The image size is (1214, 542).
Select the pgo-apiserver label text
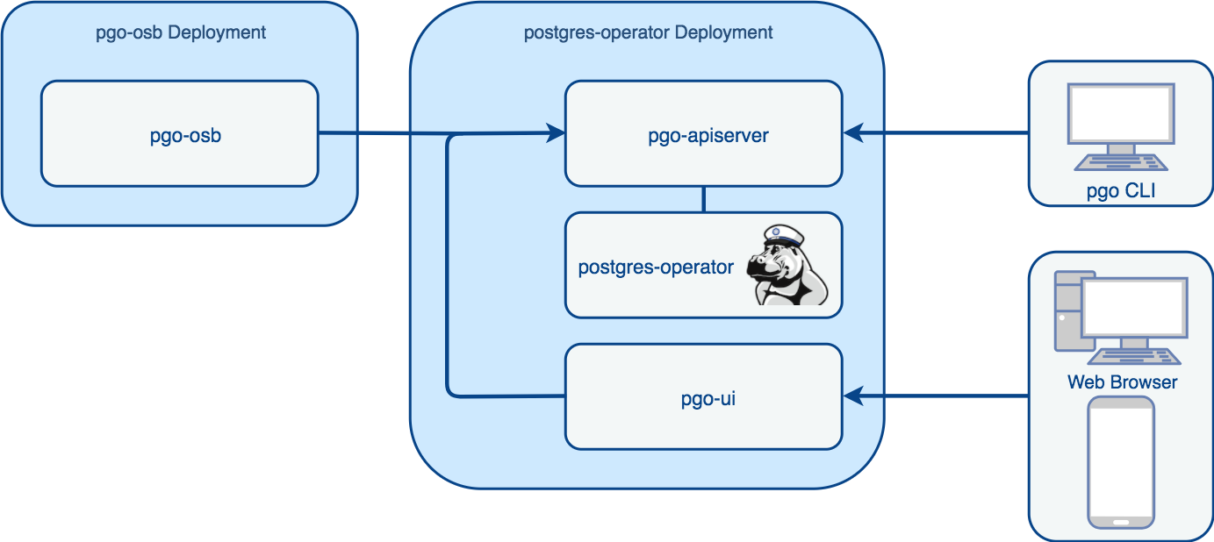pos(708,136)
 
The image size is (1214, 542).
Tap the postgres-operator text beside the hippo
pos(656,267)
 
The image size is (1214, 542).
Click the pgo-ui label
pos(708,400)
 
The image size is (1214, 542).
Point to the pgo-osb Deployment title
pos(180,33)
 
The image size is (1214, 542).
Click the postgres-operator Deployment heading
pos(648,33)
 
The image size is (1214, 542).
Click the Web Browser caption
pos(1122,382)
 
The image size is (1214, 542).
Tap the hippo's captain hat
pos(783,236)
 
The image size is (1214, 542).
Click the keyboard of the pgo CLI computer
pos(1121,163)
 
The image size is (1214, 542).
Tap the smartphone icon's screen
pos(1121,460)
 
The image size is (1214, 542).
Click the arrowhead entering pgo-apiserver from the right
pos(852,133)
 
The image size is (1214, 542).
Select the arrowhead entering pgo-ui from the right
pos(852,397)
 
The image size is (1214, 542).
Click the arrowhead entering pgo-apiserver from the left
pos(557,134)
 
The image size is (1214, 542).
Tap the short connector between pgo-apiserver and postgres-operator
pos(703,199)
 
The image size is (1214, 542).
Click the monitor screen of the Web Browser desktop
pos(1134,310)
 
